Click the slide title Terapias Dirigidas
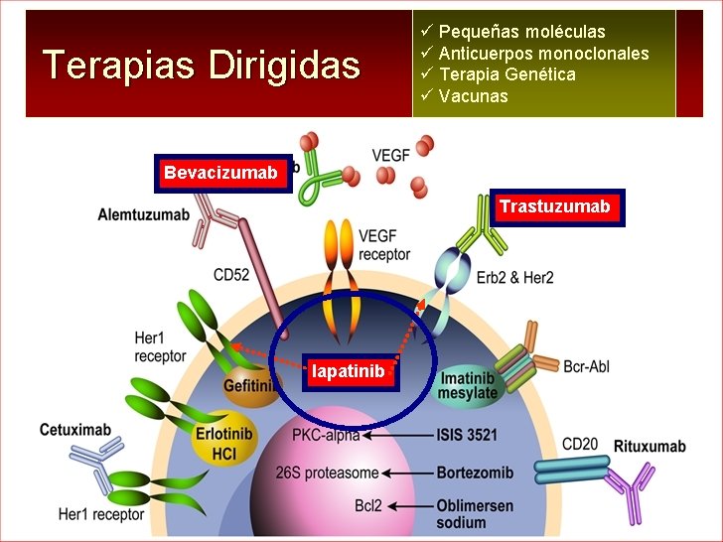pyautogui.click(x=202, y=66)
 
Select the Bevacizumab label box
pyautogui.click(x=220, y=174)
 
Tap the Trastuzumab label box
pyautogui.click(x=555, y=206)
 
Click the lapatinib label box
pyautogui.click(x=348, y=371)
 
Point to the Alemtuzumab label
pyautogui.click(x=144, y=214)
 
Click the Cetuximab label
pyautogui.click(x=74, y=430)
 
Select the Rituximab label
pyautogui.click(x=650, y=446)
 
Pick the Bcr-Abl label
pyautogui.click(x=586, y=367)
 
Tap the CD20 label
pyautogui.click(x=580, y=442)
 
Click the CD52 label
pyautogui.click(x=230, y=274)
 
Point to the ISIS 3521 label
pyautogui.click(x=467, y=435)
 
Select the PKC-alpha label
pyautogui.click(x=325, y=435)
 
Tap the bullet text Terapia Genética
pyautogui.click(x=506, y=74)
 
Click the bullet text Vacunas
pyautogui.click(x=473, y=96)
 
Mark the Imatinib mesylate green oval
pyautogui.click(x=468, y=385)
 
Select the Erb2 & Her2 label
pyautogui.click(x=515, y=277)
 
